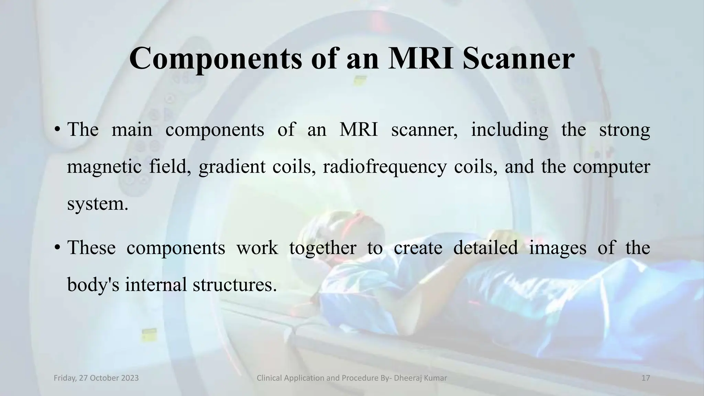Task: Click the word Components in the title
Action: click(216, 59)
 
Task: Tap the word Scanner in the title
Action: click(518, 58)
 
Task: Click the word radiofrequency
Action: click(384, 167)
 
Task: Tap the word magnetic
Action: click(104, 167)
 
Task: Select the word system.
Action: click(97, 204)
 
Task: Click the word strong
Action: click(624, 130)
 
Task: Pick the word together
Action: click(322, 248)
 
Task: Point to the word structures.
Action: click(234, 285)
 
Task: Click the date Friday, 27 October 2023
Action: click(96, 378)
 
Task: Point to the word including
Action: click(509, 130)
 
